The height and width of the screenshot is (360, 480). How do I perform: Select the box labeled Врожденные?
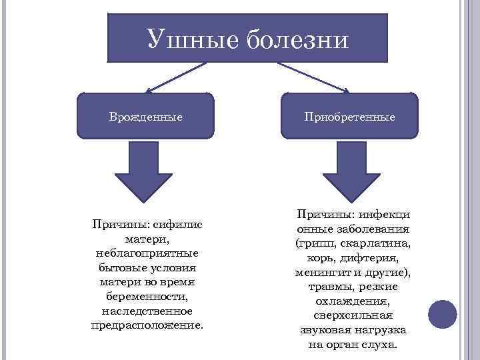[146, 116]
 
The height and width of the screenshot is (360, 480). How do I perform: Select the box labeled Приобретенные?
[349, 116]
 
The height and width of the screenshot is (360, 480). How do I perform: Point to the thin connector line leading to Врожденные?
[176, 77]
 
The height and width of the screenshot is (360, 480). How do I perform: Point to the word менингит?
[322, 272]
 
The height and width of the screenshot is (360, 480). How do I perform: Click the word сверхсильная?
[353, 315]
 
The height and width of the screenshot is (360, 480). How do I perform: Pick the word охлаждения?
[353, 301]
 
